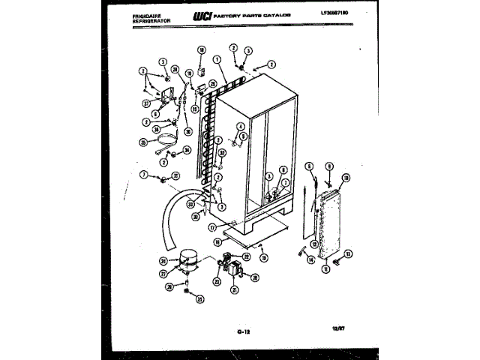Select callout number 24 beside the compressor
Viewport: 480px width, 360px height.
coord(163,261)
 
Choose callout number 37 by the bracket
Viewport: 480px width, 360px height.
coord(147,104)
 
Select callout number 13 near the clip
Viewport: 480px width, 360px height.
coord(347,253)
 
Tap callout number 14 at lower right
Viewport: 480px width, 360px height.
coord(310,261)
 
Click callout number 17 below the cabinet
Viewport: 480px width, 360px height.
coord(213,228)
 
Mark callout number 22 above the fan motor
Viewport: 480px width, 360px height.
coord(247,257)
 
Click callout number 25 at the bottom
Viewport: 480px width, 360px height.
coord(199,300)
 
